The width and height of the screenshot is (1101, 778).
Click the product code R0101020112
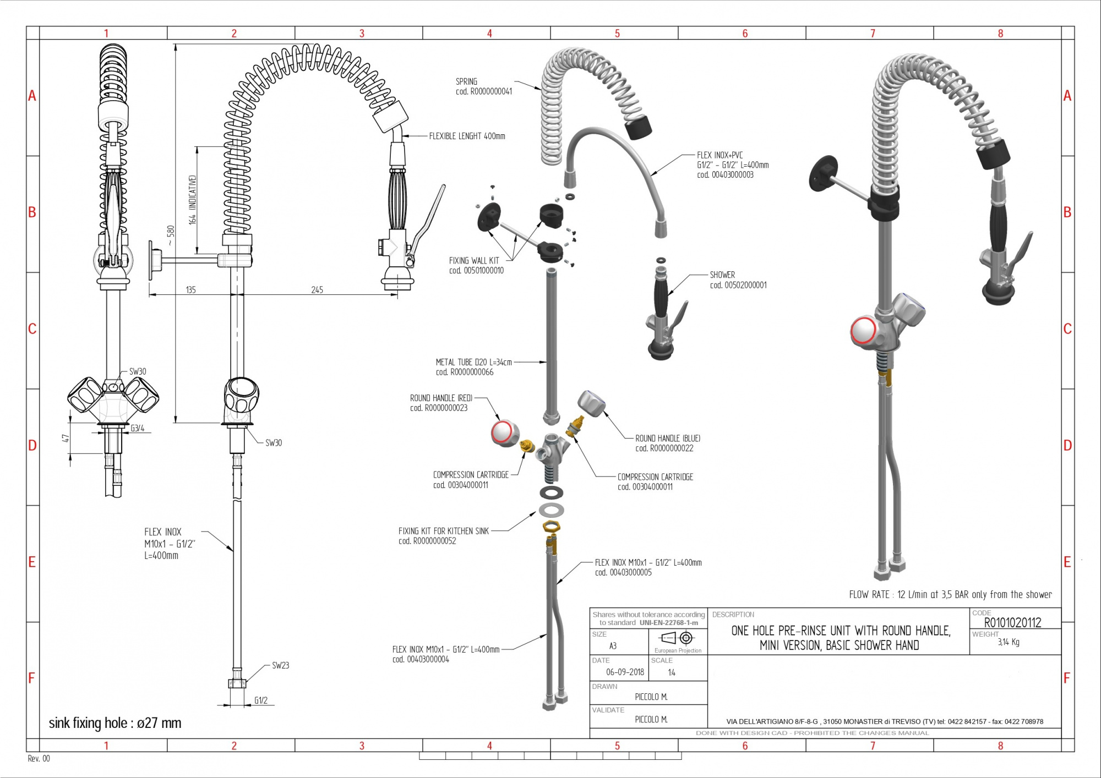pos(1012,623)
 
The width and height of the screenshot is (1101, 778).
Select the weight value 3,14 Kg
pos(1009,642)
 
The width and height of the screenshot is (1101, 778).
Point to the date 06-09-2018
pos(625,672)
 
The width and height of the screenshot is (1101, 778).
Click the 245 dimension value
pos(317,290)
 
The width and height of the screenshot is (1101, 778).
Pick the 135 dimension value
pos(190,290)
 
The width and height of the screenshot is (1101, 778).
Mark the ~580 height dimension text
pos(170,235)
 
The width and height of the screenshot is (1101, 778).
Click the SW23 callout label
pos(280,665)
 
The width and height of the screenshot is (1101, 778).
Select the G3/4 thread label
pos(138,428)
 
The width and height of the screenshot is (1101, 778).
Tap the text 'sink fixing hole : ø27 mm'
pos(115,723)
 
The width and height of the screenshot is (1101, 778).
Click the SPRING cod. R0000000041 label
pos(483,86)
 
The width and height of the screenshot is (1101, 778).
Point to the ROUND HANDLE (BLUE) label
pos(667,443)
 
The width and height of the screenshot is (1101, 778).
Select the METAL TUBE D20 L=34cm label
pos(473,367)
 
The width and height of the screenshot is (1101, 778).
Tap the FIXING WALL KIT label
pos(476,265)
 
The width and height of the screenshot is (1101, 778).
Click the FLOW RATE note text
pos(950,594)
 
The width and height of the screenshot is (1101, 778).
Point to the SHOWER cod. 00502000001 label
pos(738,280)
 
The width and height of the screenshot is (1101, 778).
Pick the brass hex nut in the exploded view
pos(551,527)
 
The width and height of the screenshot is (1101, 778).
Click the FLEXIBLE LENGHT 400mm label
pos(467,136)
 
